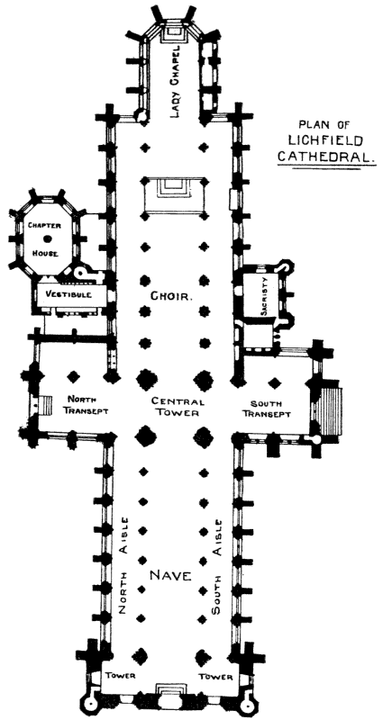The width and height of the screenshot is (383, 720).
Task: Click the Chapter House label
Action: point(43,239)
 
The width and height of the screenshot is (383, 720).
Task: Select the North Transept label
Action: point(87,405)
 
